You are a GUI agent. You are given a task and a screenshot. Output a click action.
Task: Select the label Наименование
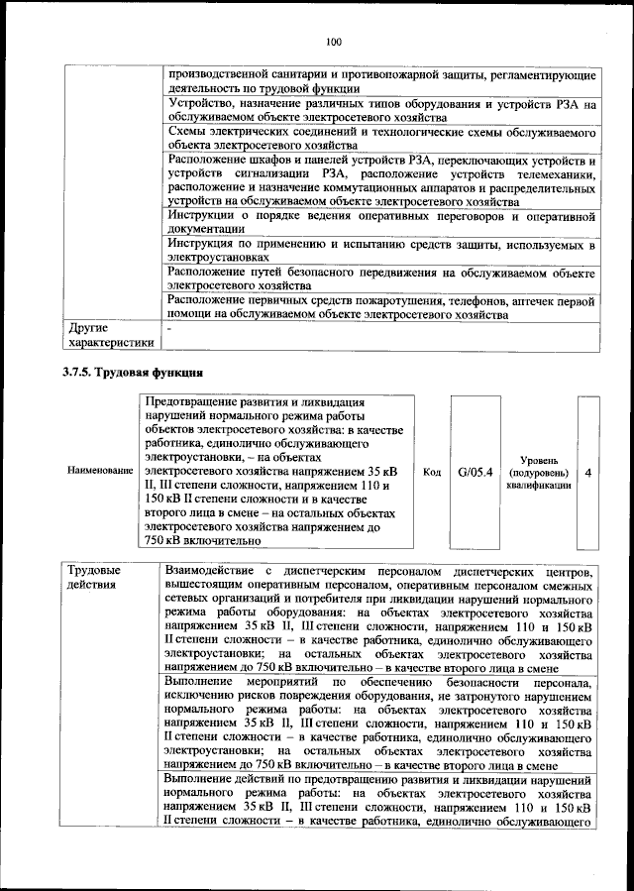(99, 473)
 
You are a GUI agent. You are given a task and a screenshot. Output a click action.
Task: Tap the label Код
(431, 473)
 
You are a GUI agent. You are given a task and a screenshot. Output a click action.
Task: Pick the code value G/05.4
(475, 473)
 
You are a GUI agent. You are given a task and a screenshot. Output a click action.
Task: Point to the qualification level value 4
(588, 473)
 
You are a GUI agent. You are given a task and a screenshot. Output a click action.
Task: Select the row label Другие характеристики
(109, 334)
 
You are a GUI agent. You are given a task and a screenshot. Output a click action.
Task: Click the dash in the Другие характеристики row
(170, 327)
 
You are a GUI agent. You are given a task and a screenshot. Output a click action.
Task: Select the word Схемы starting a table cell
(189, 131)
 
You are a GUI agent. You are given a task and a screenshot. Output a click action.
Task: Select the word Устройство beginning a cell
(203, 103)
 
